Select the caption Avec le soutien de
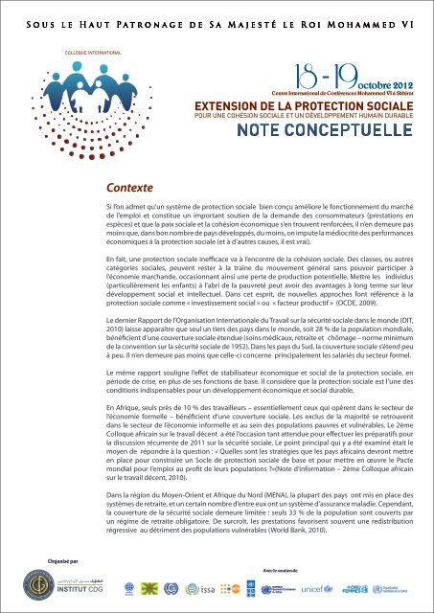272,560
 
